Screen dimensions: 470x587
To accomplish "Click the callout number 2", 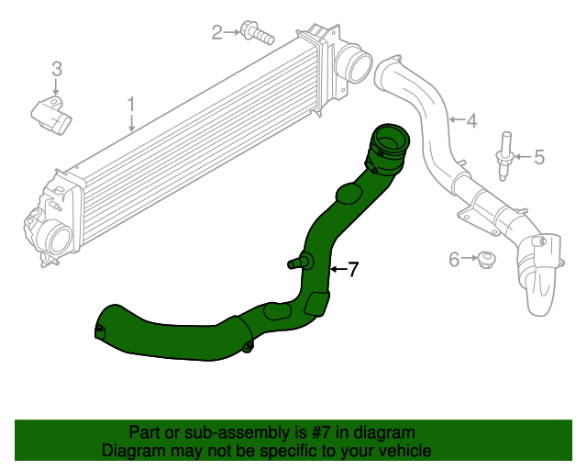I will coord(217,33).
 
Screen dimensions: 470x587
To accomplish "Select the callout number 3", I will coord(56,68).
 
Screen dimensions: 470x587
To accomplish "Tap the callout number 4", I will coord(471,120).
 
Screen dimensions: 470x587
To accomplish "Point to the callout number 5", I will coord(538,157).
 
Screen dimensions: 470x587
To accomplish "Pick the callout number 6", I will coord(453,260).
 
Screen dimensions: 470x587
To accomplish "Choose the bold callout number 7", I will coord(352,269).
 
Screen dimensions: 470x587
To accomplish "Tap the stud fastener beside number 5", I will coord(504,154).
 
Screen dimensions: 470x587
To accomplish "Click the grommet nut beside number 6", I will coord(485,260).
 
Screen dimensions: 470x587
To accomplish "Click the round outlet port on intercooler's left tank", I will coord(58,241).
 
